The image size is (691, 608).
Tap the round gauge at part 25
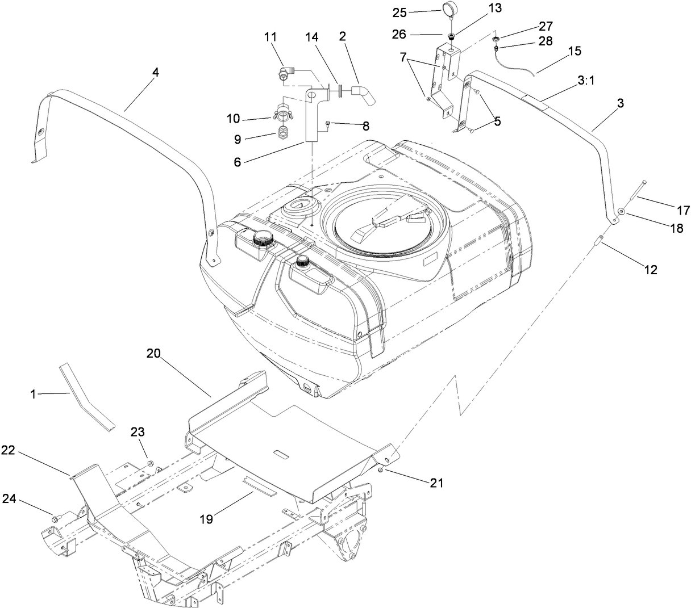(x=450, y=11)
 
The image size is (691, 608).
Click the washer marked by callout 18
(x=623, y=212)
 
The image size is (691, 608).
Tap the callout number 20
(x=154, y=353)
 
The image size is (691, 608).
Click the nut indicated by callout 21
(x=381, y=470)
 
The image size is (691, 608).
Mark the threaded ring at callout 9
(x=284, y=136)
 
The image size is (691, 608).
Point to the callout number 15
(x=574, y=51)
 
